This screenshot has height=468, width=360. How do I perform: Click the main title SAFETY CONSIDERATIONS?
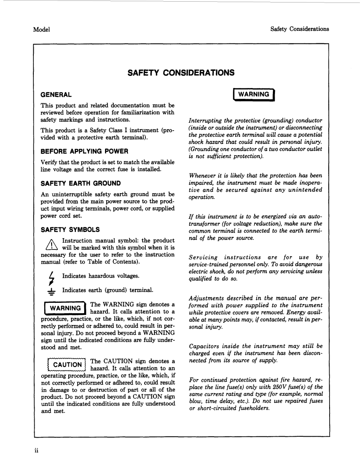[181, 73]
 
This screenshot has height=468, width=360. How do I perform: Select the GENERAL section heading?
[56, 95]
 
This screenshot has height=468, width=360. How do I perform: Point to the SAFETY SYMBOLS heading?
[70, 229]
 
